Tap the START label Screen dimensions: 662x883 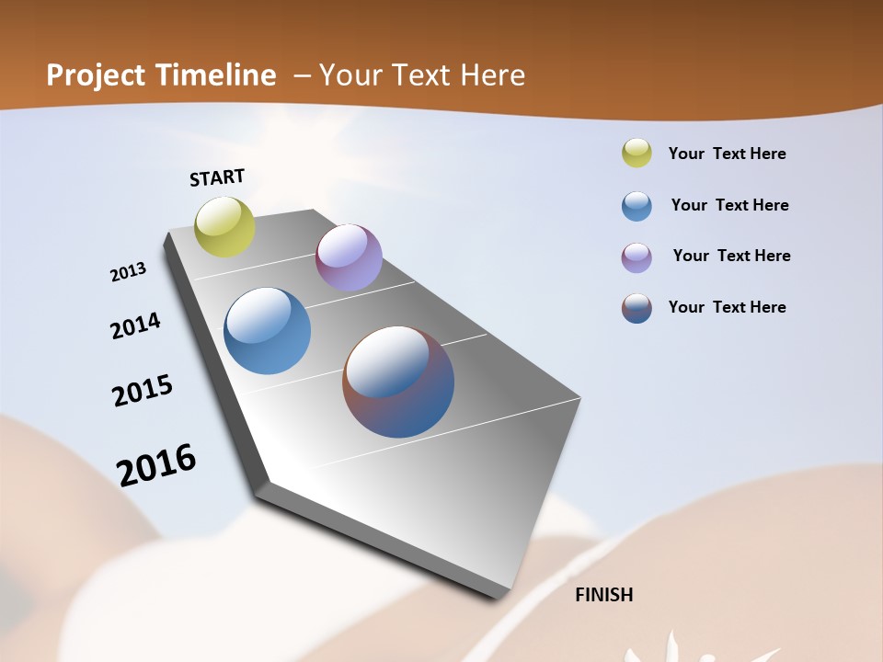point(217,177)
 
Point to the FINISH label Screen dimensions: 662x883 point(604,595)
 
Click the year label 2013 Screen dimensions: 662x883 point(128,272)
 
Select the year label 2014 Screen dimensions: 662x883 point(135,325)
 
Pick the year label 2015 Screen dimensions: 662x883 point(143,391)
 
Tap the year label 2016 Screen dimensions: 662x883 point(156,465)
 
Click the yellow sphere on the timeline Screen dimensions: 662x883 point(225,226)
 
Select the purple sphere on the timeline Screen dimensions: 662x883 point(349,257)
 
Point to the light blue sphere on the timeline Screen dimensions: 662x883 point(268,331)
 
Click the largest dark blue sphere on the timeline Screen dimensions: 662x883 point(398,382)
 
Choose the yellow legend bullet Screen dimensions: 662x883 point(636,154)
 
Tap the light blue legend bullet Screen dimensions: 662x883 point(636,206)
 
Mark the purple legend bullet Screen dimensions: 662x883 point(636,257)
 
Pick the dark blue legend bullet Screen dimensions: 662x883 point(636,308)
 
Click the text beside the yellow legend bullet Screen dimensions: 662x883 point(728,154)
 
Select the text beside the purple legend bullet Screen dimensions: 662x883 point(731,256)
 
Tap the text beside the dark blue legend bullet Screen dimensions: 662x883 point(728,307)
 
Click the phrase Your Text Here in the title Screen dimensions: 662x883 point(422,75)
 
